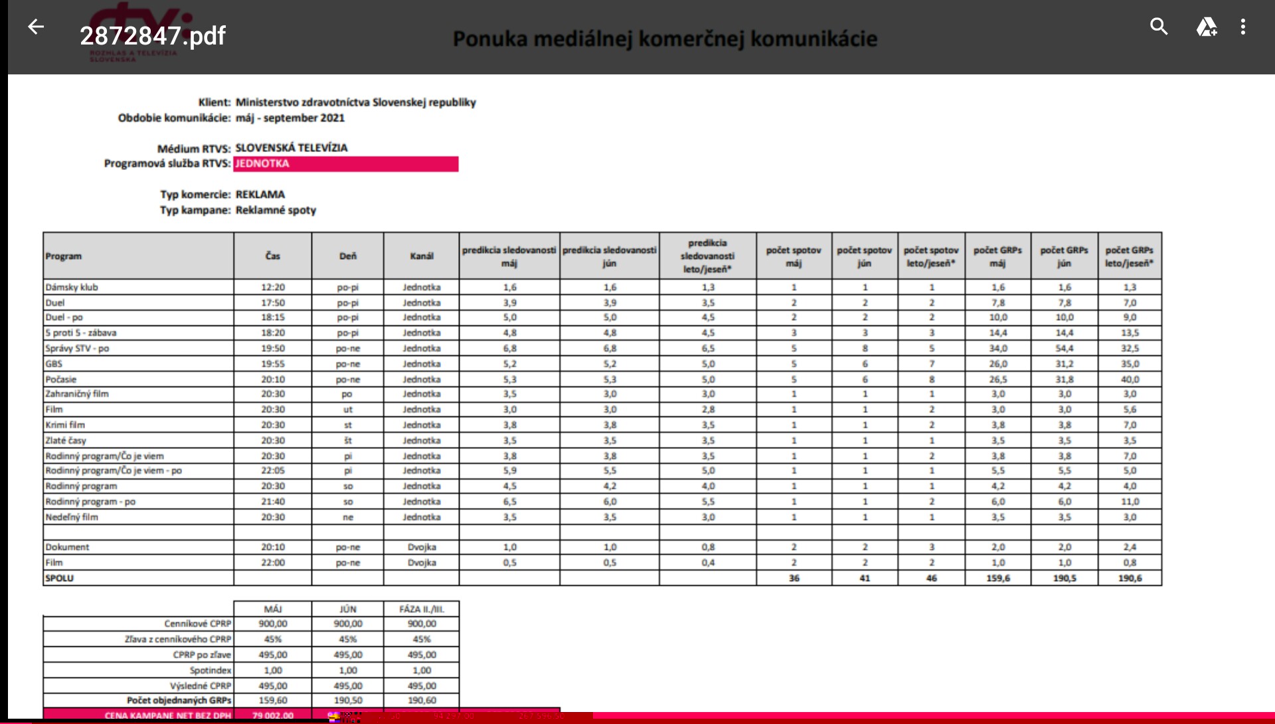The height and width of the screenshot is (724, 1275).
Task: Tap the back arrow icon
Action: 36,27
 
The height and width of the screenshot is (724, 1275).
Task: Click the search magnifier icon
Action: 1159,27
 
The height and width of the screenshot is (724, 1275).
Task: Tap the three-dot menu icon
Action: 1243,27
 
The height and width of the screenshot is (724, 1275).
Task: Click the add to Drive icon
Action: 1206,27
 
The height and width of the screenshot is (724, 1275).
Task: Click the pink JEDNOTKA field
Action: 345,164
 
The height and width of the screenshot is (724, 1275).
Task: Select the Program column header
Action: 64,256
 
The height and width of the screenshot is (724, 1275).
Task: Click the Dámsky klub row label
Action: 72,288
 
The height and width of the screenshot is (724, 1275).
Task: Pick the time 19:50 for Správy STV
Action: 273,349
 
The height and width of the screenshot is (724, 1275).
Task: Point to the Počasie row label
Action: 61,380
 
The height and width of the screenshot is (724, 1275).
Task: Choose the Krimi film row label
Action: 65,425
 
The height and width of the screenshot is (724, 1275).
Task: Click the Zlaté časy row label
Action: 66,440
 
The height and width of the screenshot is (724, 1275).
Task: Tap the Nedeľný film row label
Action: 72,517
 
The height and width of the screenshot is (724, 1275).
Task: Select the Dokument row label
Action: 67,547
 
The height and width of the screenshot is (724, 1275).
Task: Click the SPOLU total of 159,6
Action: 998,579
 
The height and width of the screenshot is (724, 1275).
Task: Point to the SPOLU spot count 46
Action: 932,579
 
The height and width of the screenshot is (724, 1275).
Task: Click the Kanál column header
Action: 422,256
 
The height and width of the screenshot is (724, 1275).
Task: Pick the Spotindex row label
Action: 210,671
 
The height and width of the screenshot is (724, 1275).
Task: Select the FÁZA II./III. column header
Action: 422,609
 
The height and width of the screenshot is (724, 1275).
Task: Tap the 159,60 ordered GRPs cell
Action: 273,701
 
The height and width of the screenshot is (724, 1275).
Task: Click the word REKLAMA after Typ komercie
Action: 260,195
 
